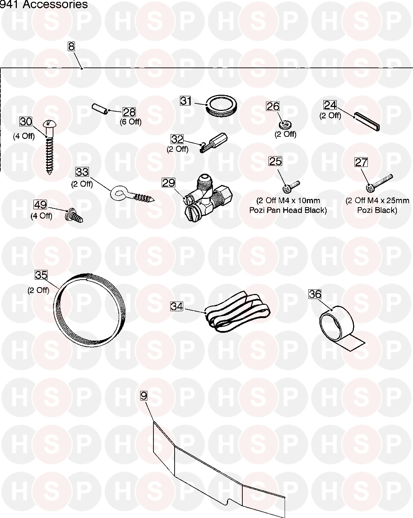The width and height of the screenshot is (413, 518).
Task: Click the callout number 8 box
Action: [x=72, y=46]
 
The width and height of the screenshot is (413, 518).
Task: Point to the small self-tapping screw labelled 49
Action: [x=74, y=216]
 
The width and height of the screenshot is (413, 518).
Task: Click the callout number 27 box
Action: [x=361, y=162]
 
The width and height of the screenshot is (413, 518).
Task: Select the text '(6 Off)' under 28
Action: [x=130, y=122]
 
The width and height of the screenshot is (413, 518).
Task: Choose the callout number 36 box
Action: [x=315, y=294]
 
